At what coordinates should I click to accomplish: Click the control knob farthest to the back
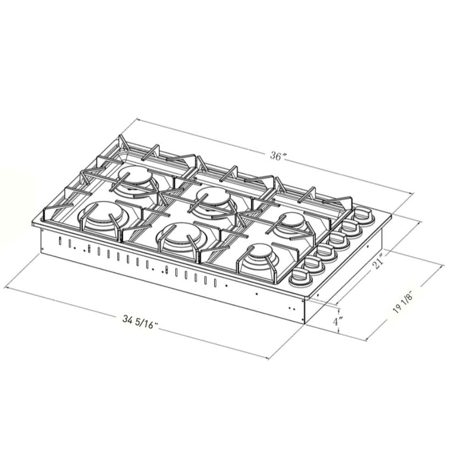363,215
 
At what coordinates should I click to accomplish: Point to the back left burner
137,177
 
